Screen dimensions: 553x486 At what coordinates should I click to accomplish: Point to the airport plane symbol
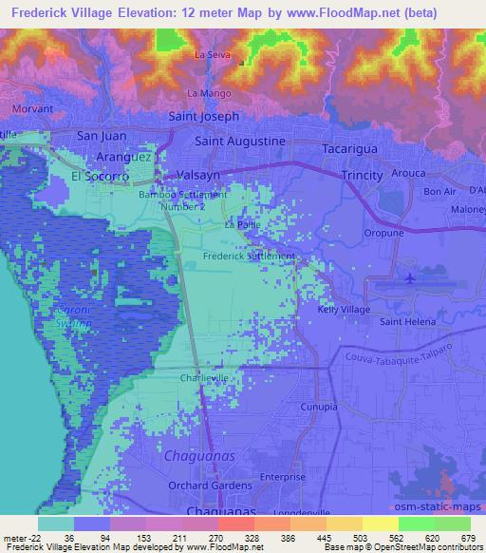409,278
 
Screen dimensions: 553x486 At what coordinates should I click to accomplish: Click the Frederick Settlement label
249,257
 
